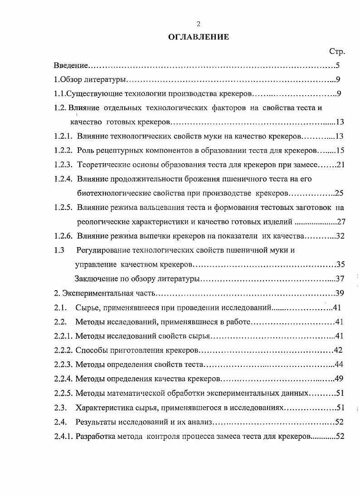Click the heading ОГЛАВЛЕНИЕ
[198, 37]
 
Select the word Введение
[71, 66]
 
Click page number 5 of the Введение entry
[338, 66]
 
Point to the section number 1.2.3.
[63, 165]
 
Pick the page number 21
[341, 165]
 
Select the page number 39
[341, 293]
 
